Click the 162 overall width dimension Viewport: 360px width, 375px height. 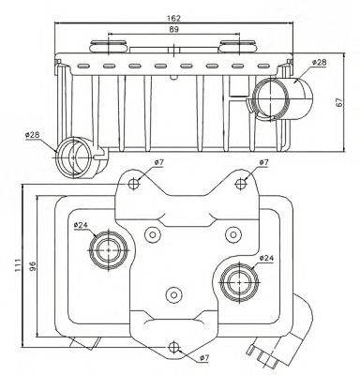click(173, 18)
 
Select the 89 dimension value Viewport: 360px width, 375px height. click(173, 29)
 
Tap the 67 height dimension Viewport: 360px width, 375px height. click(339, 102)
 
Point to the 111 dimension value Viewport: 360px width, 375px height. click(18, 264)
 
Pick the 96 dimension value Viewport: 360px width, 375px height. click(32, 265)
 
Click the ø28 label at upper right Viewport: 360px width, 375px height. click(320, 62)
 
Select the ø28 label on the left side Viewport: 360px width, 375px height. click(33, 135)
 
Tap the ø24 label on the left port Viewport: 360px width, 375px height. click(82, 224)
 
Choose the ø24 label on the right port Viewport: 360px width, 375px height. click(266, 258)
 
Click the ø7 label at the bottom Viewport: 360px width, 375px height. click(203, 358)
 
